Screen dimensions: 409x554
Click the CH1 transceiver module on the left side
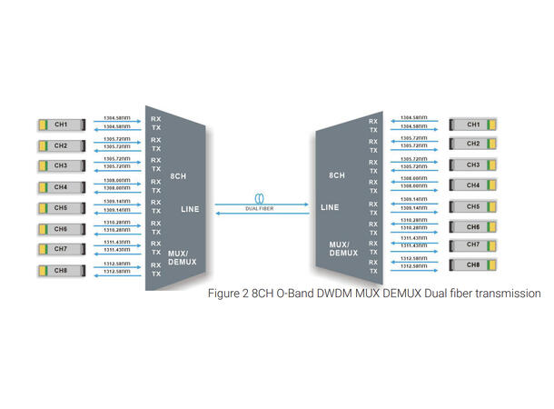pyautogui.click(x=61, y=125)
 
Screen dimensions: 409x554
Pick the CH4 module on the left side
pyautogui.click(x=61, y=187)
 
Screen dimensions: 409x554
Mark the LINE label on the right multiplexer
pyautogui.click(x=331, y=208)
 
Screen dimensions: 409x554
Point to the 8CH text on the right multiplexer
pyautogui.click(x=336, y=174)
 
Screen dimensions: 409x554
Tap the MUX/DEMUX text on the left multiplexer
pyautogui.click(x=181, y=257)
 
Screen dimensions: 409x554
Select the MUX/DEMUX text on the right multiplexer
pyautogui.click(x=342, y=248)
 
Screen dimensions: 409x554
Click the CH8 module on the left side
pyautogui.click(x=61, y=270)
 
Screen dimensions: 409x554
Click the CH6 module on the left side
pyautogui.click(x=61, y=228)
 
